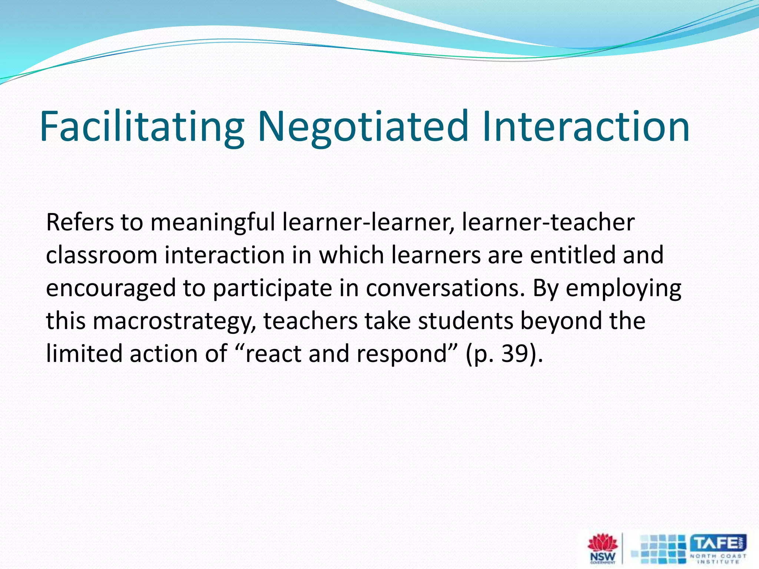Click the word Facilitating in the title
[142, 127]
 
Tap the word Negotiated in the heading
[363, 127]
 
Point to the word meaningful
[213, 223]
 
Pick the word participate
[273, 289]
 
